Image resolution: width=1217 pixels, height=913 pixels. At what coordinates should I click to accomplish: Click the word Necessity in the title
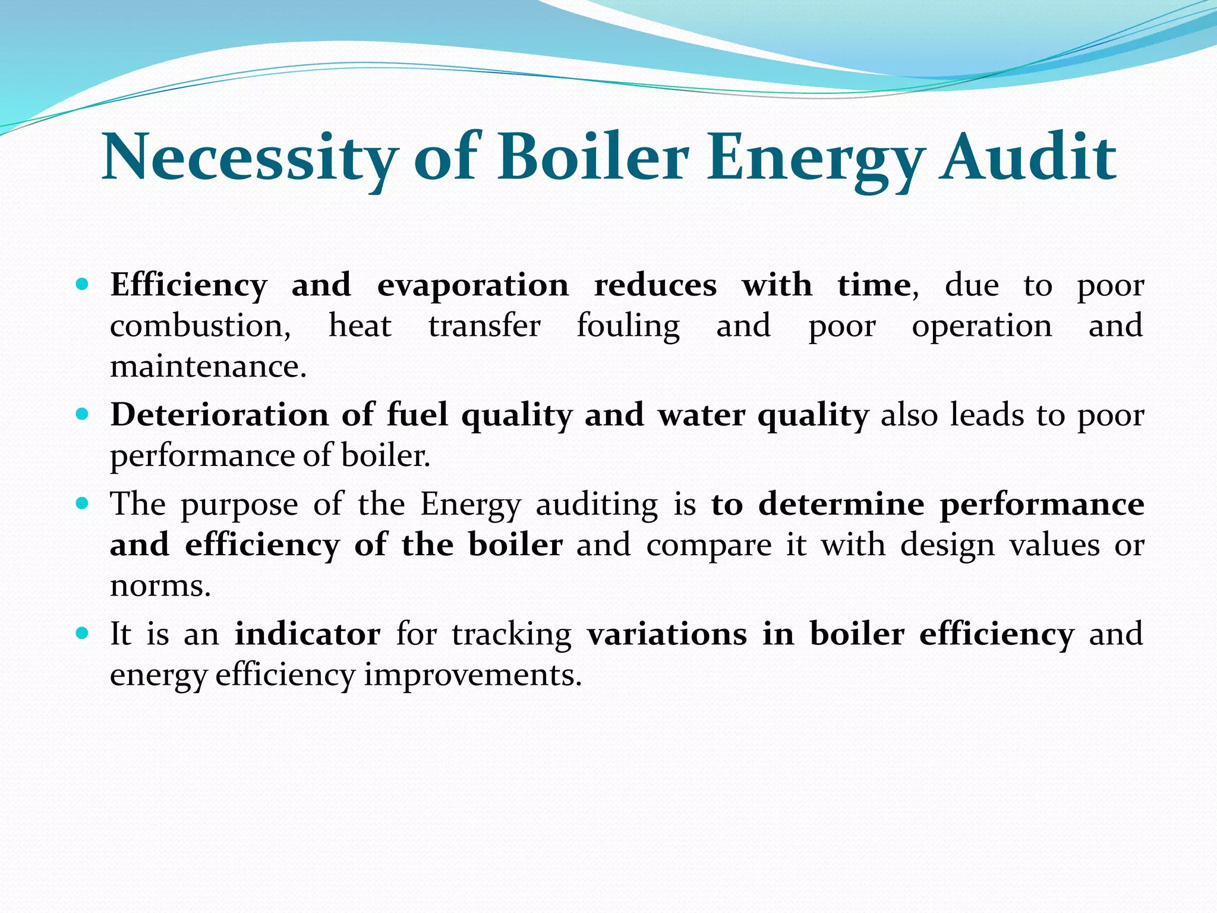coord(250,158)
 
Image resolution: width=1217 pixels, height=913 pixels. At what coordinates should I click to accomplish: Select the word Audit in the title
coord(1027,158)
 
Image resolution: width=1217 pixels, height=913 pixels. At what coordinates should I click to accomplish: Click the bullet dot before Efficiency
coord(83,284)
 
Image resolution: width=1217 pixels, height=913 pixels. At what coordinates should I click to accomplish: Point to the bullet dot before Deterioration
coord(83,414)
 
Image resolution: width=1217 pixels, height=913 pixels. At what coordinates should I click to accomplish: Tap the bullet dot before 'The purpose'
coord(83,503)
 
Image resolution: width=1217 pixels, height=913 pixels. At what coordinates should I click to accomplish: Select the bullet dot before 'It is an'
coord(83,633)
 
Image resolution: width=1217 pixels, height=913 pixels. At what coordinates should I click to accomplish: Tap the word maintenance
coord(207,367)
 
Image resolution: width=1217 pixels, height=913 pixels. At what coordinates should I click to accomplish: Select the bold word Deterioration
coord(219,415)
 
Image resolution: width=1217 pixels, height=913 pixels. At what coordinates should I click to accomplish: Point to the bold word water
coord(701,415)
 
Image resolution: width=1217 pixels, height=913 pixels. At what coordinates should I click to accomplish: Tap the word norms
coord(160,586)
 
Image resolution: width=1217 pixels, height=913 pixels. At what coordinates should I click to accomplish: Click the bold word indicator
coord(307,634)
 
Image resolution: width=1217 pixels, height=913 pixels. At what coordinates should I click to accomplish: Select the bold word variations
coord(667,634)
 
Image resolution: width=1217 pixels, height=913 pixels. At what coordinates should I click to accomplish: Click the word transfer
coord(484,326)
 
